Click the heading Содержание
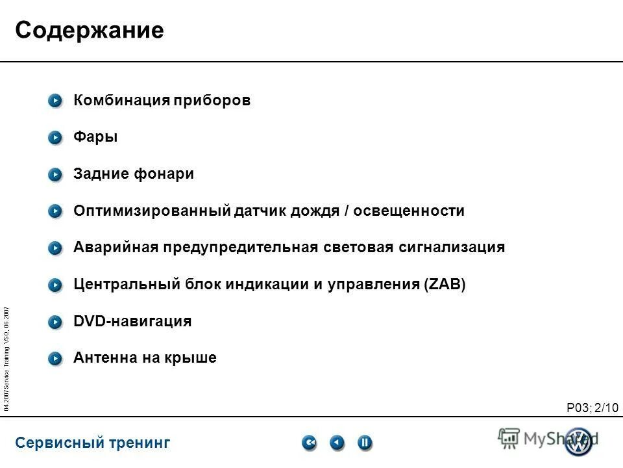89,31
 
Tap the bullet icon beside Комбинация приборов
56,101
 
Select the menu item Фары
95,137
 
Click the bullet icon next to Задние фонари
56,174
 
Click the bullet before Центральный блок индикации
56,285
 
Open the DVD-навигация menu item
132,321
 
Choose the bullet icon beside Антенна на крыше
56,358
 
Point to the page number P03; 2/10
592,408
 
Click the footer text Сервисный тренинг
92,443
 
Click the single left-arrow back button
337,443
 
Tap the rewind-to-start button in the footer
310,443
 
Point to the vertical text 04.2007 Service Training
6,357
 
